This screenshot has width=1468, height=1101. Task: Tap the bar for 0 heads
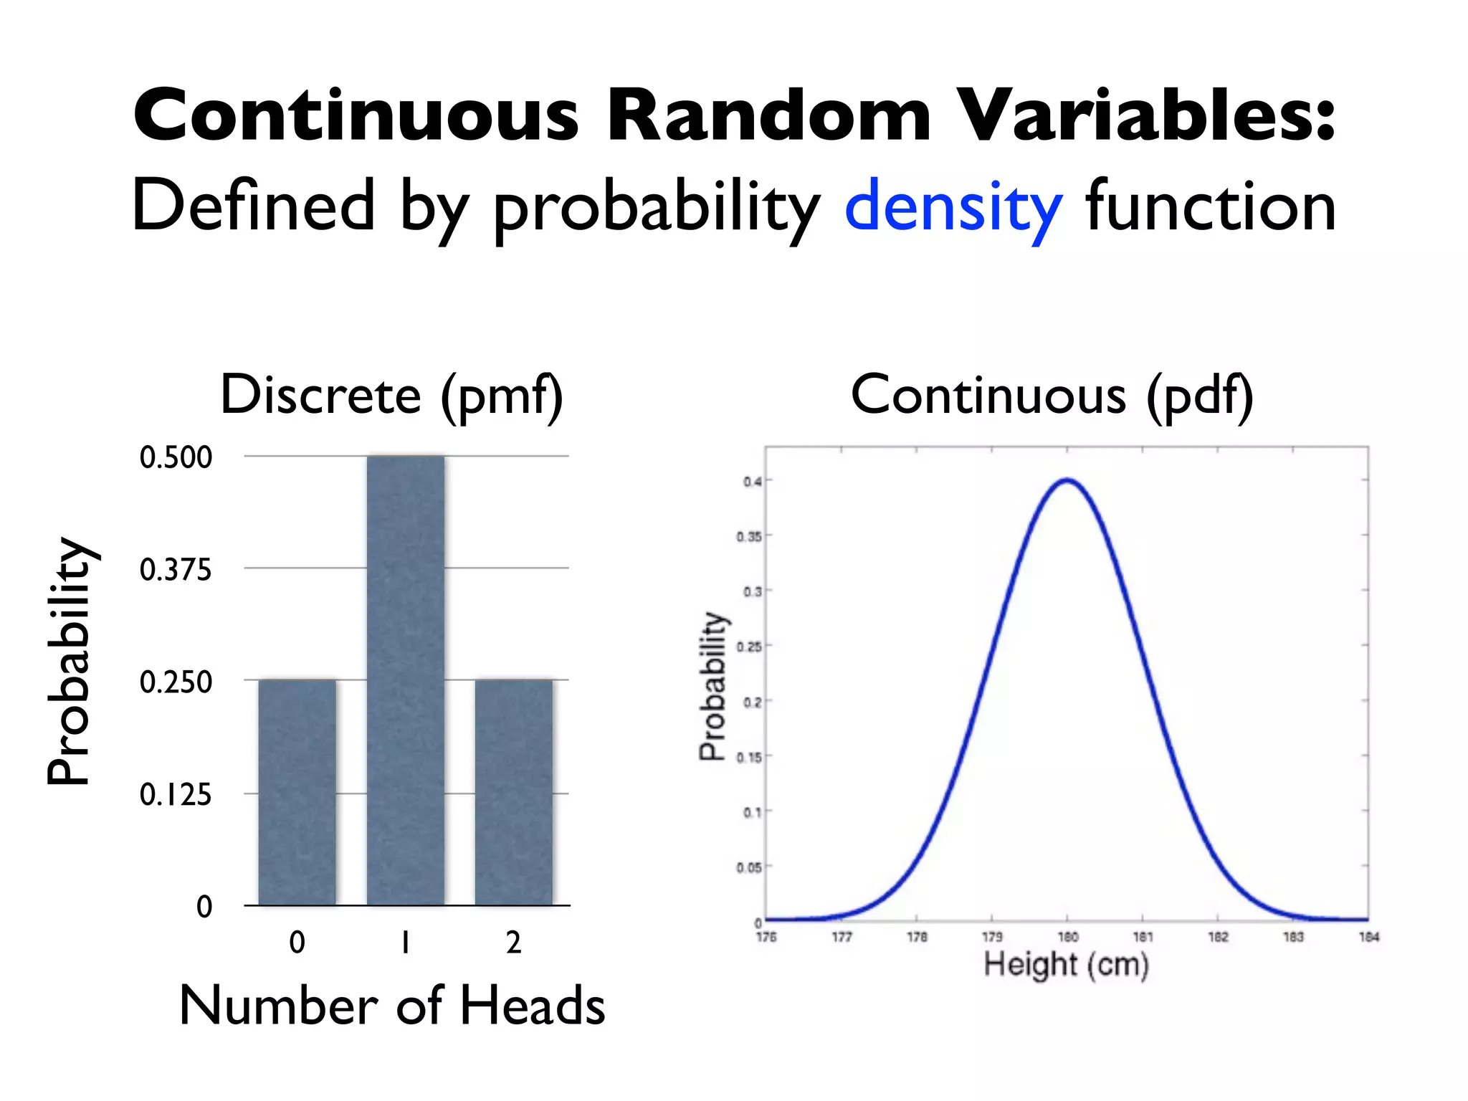click(297, 791)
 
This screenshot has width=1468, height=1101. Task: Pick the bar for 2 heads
click(514, 791)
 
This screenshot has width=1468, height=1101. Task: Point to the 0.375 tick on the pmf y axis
click(176, 570)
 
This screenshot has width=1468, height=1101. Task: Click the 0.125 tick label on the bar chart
click(176, 795)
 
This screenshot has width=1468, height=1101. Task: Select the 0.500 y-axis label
click(176, 457)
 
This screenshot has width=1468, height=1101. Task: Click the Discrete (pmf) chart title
click(391, 396)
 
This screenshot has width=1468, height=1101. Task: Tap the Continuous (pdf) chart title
click(1052, 396)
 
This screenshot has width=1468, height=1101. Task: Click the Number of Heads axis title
click(391, 1005)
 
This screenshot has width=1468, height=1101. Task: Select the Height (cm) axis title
click(1066, 965)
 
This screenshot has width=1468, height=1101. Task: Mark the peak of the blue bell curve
click(1067, 480)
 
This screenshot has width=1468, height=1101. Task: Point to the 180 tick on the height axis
click(1067, 937)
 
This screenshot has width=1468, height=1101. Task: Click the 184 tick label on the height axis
click(1368, 937)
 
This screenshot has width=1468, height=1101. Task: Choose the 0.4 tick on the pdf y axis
click(752, 482)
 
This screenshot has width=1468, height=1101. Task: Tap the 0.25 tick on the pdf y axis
click(749, 647)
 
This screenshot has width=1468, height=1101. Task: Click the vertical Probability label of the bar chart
click(70, 661)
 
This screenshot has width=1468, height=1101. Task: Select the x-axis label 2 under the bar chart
click(513, 943)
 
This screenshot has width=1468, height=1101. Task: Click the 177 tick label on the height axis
click(842, 937)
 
